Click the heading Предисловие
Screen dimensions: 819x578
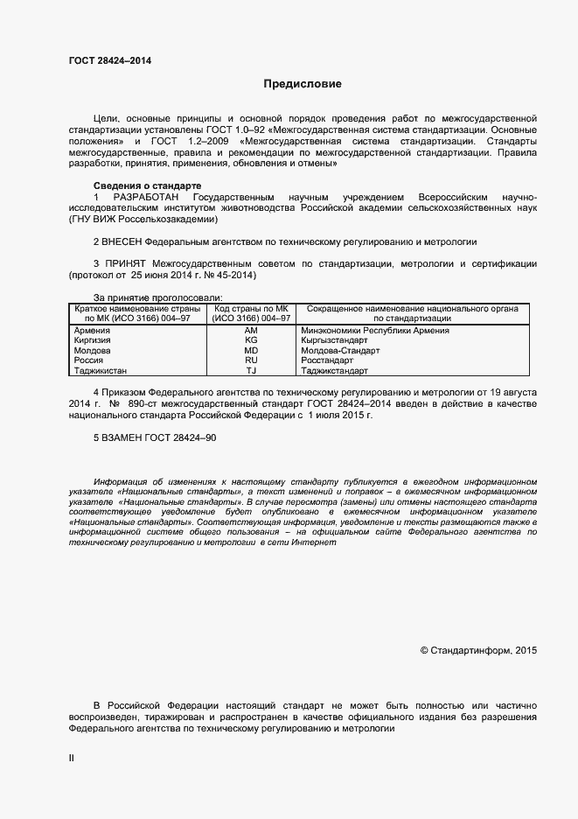[303, 85]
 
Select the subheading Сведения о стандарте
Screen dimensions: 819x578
[147, 185]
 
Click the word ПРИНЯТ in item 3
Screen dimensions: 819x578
[125, 263]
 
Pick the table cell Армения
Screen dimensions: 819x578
[92, 331]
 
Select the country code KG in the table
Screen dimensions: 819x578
[251, 340]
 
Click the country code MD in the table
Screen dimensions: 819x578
[251, 351]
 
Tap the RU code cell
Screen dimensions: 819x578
[251, 360]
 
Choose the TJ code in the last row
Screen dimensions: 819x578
[251, 371]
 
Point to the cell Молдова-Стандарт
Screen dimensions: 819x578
[340, 351]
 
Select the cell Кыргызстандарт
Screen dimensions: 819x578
[334, 340]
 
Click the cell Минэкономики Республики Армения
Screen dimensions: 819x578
[374, 331]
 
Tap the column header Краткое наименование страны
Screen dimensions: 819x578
[137, 309]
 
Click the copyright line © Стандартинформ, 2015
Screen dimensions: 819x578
[478, 650]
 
